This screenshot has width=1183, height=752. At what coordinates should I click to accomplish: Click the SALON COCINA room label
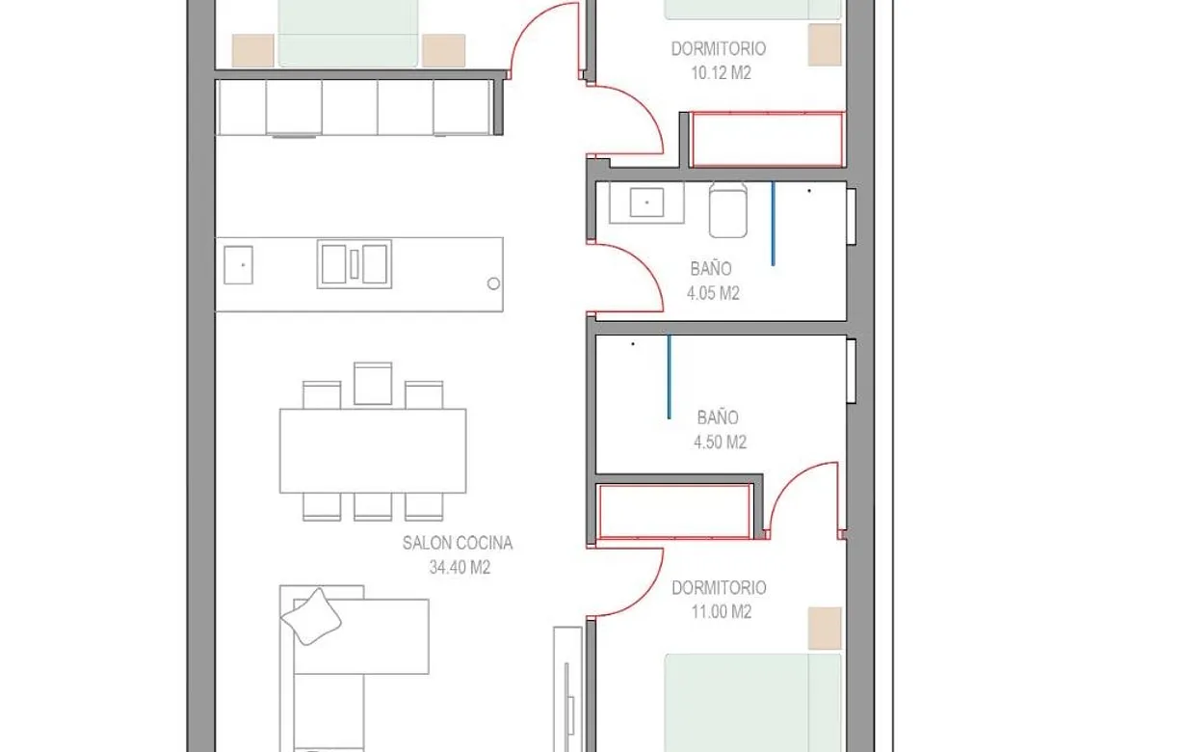click(x=457, y=544)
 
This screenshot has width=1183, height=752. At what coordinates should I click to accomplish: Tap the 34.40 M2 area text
click(x=460, y=568)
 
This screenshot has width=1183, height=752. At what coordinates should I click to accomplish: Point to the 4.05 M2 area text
click(x=713, y=294)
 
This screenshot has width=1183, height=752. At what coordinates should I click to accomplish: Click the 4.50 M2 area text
click(x=719, y=443)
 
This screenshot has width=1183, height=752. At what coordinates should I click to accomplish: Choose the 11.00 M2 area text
click(x=719, y=612)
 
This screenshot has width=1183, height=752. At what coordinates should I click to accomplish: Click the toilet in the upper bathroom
click(x=728, y=209)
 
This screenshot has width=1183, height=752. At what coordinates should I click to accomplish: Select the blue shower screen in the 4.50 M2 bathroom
click(x=670, y=377)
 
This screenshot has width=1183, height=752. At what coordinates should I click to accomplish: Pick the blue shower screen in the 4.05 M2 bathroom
click(x=773, y=223)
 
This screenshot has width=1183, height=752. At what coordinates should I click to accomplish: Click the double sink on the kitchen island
click(x=355, y=263)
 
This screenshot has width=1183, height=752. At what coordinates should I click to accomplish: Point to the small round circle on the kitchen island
click(x=493, y=283)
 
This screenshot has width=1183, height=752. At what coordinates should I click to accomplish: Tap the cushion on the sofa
click(x=312, y=616)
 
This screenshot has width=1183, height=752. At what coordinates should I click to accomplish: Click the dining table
click(x=373, y=451)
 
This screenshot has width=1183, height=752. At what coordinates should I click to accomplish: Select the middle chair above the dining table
click(x=373, y=384)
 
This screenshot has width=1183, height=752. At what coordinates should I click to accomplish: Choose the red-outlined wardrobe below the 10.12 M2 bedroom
click(x=768, y=140)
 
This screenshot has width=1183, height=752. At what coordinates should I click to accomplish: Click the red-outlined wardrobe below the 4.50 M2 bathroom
click(x=674, y=511)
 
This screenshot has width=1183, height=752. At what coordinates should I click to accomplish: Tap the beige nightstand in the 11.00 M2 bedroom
click(x=825, y=628)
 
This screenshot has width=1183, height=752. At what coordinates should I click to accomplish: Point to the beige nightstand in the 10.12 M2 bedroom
click(x=825, y=44)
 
